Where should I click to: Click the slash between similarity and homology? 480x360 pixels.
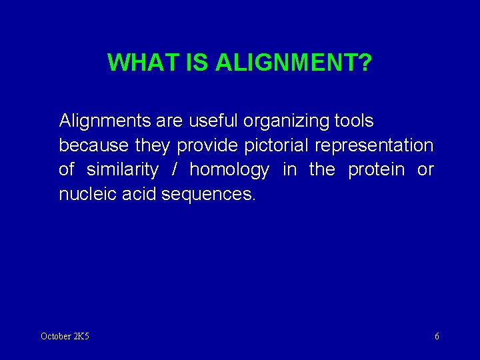point(174,170)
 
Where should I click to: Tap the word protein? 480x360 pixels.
point(376,170)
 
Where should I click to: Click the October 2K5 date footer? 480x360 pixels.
point(65,336)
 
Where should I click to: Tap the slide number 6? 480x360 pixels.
point(437,336)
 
